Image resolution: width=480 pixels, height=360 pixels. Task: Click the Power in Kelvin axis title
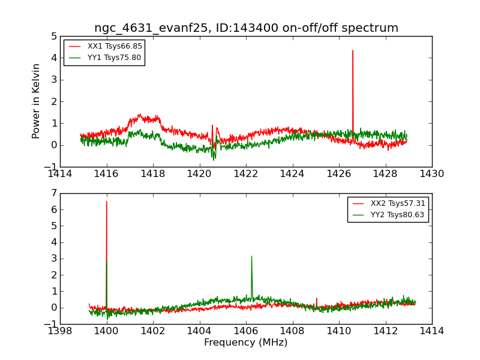pos(37,101)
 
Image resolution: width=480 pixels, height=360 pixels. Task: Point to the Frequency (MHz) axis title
pos(246,343)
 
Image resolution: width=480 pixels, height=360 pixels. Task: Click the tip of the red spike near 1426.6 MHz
pos(353,50)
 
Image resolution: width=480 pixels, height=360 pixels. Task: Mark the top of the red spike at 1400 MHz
pos(107,202)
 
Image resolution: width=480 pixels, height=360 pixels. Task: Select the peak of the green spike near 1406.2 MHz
pos(251,256)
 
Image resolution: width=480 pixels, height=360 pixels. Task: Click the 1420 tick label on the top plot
pos(199,174)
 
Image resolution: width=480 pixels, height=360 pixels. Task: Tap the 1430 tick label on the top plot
pos(431,174)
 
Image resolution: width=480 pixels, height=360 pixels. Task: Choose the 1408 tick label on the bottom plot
pos(292,331)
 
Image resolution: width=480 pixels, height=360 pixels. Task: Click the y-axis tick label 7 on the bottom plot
pos(54,193)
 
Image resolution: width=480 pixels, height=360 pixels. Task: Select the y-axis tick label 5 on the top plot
pos(54,36)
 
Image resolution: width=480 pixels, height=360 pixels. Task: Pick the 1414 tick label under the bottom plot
pos(431,331)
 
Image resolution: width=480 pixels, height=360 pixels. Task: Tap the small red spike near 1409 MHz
pos(317,298)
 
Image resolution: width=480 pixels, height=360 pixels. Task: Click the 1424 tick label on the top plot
pos(292,174)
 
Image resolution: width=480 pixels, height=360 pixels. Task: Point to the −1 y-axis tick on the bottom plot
pos(51,324)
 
